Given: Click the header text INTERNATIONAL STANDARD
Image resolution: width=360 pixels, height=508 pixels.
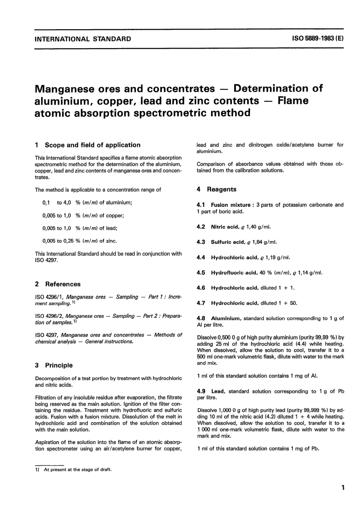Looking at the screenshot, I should point(83,39).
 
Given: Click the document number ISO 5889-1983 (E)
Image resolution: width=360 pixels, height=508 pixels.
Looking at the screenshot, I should point(318,39).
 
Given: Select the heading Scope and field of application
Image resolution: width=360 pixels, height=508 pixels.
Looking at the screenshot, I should point(92,145).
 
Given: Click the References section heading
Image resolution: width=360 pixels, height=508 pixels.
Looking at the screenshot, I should point(63,284).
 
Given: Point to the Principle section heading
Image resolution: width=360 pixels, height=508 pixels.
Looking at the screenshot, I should point(59,366).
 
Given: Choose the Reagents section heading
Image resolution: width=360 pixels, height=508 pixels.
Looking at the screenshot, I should point(221,189).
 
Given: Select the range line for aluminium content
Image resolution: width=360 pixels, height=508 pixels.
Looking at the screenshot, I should point(87,203).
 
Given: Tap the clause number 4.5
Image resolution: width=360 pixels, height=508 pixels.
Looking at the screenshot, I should point(201,273).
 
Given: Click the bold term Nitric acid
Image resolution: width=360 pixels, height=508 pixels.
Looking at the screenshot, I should point(224,227).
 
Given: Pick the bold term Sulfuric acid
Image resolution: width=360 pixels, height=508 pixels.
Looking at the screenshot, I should point(227,242).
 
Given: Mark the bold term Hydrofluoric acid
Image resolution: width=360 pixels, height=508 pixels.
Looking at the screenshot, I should point(234,273).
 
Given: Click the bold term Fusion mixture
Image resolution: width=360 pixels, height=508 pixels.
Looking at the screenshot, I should point(230,205).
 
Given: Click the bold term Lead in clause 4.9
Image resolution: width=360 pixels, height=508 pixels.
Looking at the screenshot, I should point(218,392).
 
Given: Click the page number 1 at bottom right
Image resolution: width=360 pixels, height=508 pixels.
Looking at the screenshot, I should point(343,488).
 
